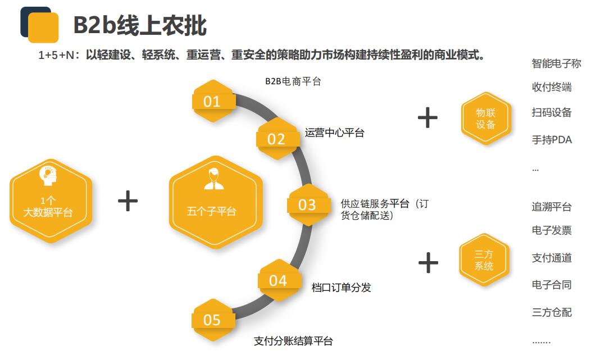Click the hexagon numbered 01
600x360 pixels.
(213, 102)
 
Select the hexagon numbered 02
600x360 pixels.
(277, 139)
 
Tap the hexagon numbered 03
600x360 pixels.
(308, 204)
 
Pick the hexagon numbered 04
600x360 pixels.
(279, 280)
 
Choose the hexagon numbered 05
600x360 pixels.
(213, 320)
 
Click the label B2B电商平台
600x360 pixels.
(293, 81)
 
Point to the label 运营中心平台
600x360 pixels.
(334, 133)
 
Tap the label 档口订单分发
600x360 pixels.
(341, 288)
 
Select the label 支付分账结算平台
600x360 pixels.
(293, 341)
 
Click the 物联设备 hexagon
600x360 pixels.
(486, 118)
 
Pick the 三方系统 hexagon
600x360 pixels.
(484, 260)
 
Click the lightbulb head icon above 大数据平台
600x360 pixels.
(48, 176)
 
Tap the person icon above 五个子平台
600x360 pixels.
(214, 178)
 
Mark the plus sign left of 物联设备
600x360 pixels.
(428, 117)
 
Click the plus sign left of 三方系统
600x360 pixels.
(428, 263)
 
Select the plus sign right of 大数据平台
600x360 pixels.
(128, 201)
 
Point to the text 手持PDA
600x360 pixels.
(552, 140)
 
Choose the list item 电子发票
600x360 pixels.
(552, 230)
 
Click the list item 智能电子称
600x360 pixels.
(556, 63)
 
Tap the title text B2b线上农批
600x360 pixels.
(140, 26)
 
